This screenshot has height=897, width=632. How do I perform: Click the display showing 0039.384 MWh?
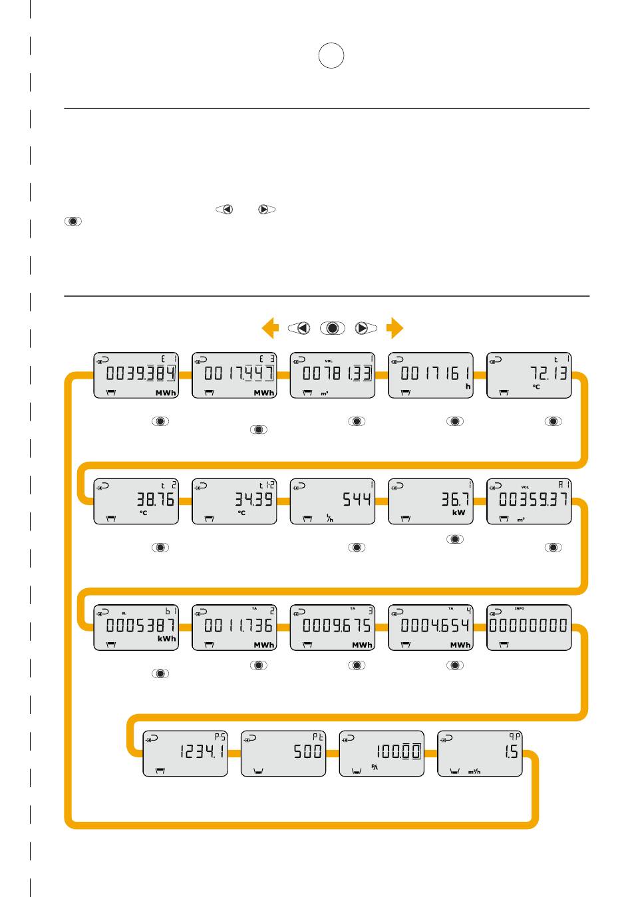coord(136,375)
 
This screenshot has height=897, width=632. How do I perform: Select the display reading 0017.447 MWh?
coord(234,375)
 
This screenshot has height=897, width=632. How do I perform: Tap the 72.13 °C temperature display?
coord(529,375)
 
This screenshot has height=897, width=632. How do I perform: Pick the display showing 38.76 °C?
coord(136,501)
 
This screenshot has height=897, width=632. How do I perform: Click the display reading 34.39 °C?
coord(234,501)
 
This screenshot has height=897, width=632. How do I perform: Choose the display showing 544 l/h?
coord(333,501)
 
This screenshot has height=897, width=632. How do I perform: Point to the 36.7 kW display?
coord(430,501)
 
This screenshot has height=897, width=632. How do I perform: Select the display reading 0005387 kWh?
coord(136,627)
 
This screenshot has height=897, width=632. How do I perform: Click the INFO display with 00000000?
coord(529,627)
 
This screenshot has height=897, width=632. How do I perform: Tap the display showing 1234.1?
coord(186,753)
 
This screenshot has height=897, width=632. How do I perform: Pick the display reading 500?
coord(283,753)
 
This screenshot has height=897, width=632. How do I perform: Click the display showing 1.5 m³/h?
coord(480,753)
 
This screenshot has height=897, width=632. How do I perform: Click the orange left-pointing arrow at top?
coord(270,328)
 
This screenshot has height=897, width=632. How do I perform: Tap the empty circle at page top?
coord(331,56)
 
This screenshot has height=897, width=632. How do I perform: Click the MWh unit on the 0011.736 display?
coord(264,645)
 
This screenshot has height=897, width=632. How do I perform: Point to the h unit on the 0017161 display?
coord(468,386)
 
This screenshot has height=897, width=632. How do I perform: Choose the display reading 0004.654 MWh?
coord(430,627)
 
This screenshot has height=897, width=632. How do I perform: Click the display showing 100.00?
coord(382,753)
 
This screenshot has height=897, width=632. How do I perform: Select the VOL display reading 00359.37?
coord(529,501)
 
